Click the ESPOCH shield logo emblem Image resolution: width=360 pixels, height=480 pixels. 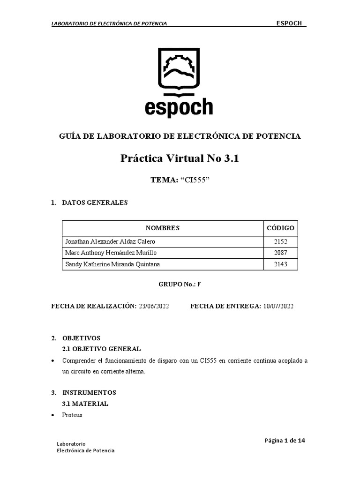180,69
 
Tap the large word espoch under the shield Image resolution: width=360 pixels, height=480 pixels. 179,107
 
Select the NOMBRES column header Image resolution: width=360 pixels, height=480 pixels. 162,228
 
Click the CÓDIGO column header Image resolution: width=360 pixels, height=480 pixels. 280,228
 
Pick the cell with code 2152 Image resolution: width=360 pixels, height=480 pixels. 280,242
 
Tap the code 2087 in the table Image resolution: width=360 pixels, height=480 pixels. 280,253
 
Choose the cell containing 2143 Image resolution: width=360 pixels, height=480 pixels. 280,264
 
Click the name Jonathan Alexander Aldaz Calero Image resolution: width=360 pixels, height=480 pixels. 110,242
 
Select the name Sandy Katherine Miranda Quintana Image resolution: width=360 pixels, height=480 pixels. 112,264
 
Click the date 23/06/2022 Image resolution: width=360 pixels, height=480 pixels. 154,307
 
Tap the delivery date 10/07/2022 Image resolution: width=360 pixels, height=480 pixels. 278,307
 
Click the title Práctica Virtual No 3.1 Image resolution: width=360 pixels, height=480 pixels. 180,158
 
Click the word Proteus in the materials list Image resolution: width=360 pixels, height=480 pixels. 72,415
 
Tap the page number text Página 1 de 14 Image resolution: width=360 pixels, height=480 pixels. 285,441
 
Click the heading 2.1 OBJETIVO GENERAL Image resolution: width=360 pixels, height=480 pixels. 101,349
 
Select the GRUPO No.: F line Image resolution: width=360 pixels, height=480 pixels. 180,285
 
